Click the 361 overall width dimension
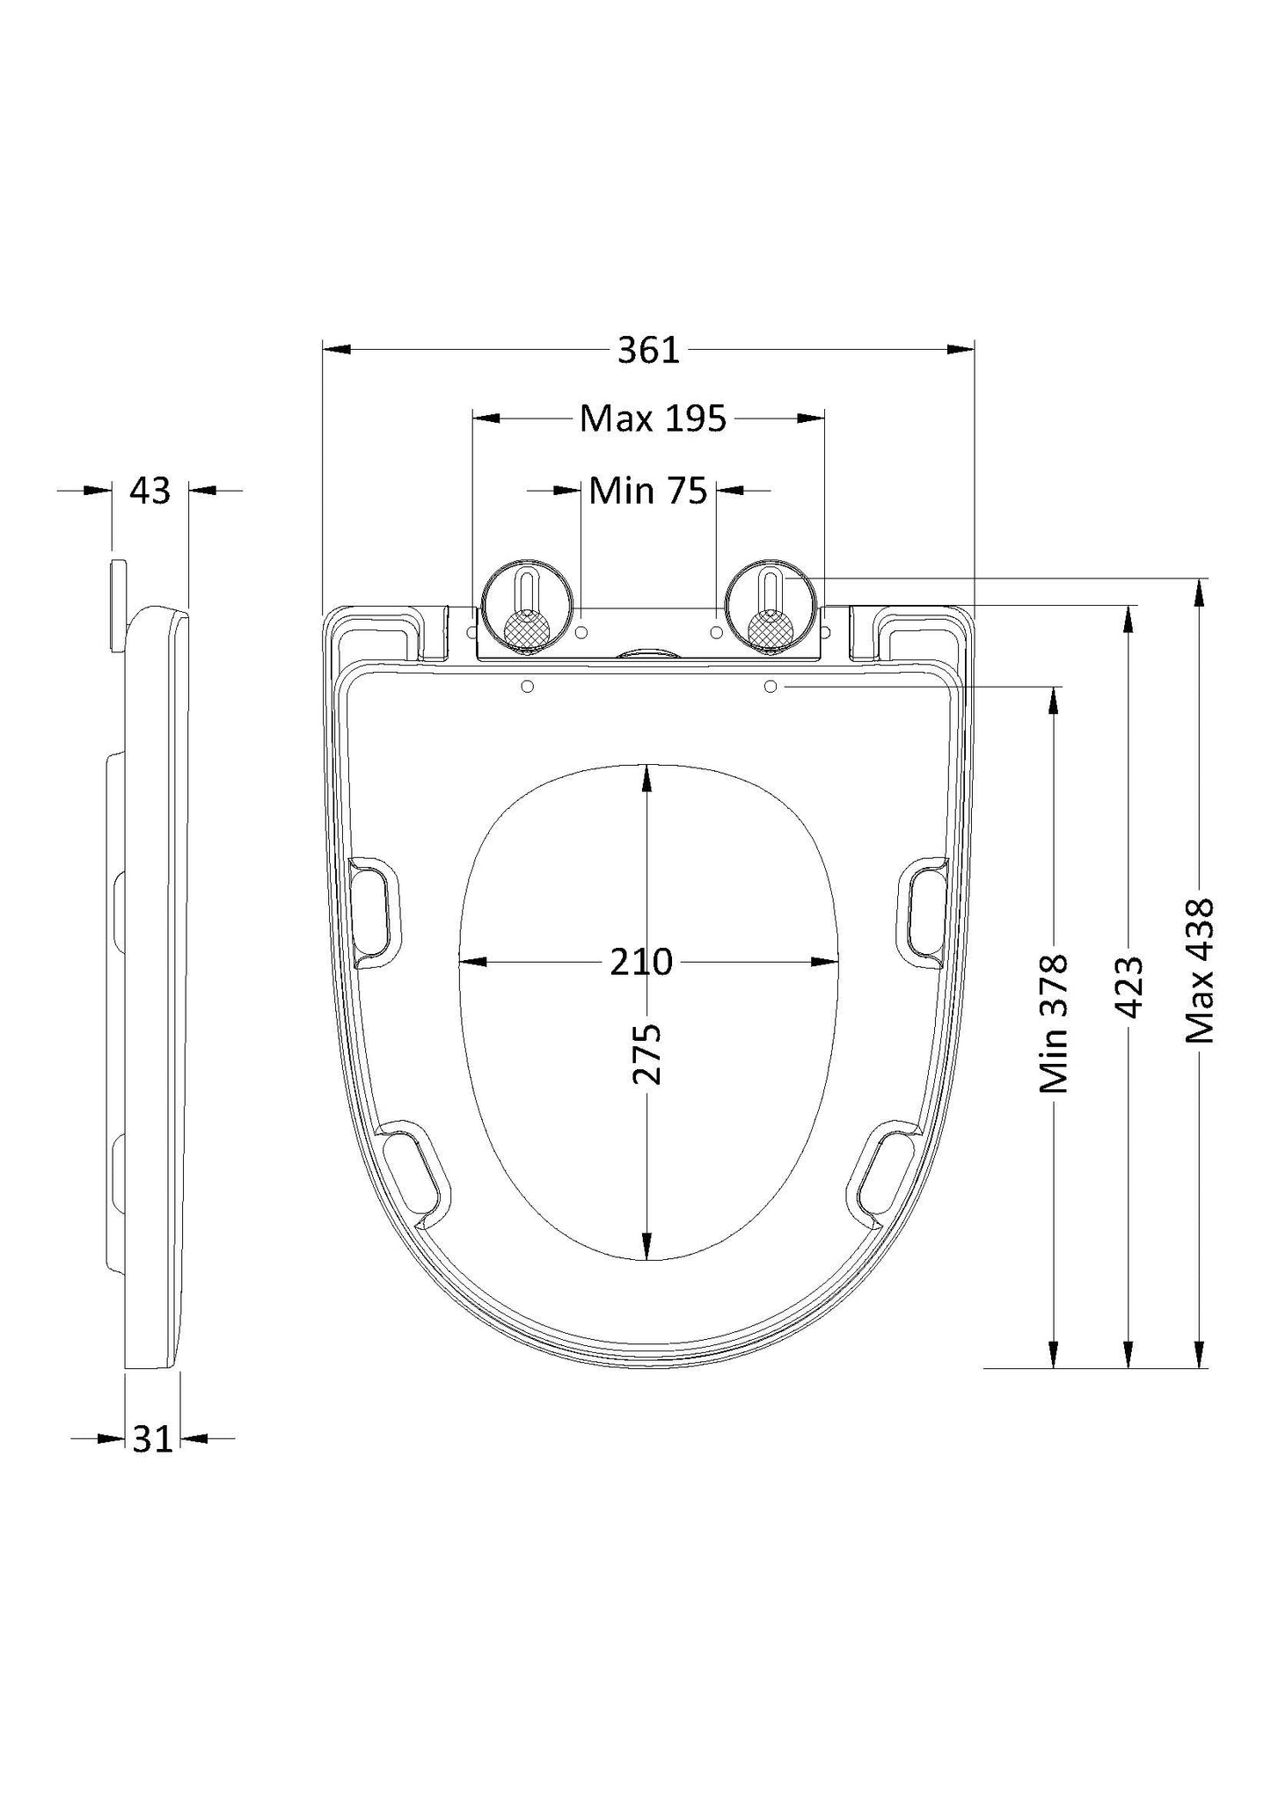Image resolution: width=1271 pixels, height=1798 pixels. pyautogui.click(x=648, y=351)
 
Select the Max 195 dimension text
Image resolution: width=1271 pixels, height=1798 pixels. pyautogui.click(x=653, y=419)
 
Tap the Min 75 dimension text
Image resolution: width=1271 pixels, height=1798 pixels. pyautogui.click(x=648, y=491)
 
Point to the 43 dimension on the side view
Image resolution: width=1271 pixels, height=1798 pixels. pyautogui.click(x=150, y=491)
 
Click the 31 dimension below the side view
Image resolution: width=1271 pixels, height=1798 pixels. pyautogui.click(x=152, y=1439)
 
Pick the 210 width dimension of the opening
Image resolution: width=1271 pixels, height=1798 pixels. pyautogui.click(x=641, y=963)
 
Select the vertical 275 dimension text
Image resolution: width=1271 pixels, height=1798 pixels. pyautogui.click(x=647, y=1053)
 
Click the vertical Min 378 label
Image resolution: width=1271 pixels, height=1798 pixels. pyautogui.click(x=1054, y=1024)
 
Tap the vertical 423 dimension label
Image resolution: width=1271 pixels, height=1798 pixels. pyautogui.click(x=1129, y=986)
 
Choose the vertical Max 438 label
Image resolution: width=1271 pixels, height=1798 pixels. pyautogui.click(x=1200, y=971)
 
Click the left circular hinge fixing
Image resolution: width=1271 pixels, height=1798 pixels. pyautogui.click(x=526, y=608)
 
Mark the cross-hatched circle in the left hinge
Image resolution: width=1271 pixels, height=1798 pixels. pyautogui.click(x=526, y=630)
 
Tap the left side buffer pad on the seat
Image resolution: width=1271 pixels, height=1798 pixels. pyautogui.click(x=376, y=912)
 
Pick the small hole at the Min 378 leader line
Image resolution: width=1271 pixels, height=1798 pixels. pyautogui.click(x=771, y=686)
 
